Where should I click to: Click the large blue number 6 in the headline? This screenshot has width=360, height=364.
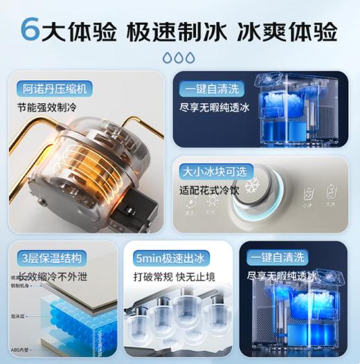click(29, 30)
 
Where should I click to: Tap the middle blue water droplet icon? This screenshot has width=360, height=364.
click(180, 57)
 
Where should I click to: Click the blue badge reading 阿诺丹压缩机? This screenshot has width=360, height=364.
click(55, 89)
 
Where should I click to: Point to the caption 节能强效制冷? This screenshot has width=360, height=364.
click(51, 109)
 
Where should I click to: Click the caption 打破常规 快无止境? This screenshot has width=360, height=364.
click(173, 277)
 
